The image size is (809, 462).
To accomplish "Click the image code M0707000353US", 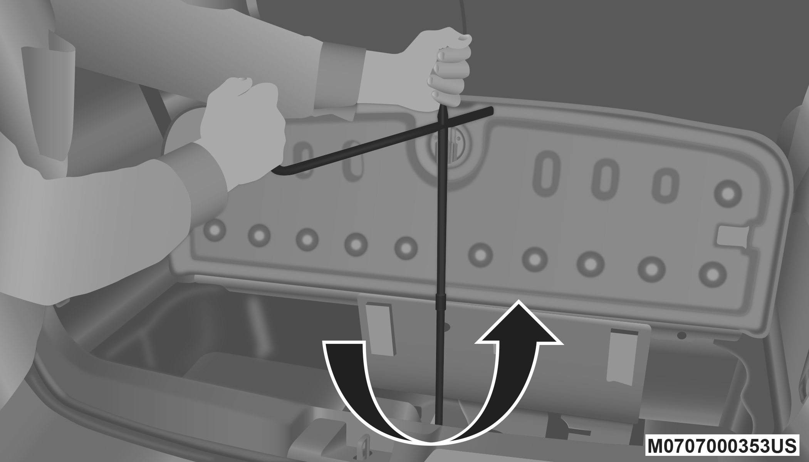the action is pyautogui.click(x=722, y=446).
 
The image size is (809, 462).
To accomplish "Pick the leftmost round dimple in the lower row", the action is pyautogui.click(x=215, y=230).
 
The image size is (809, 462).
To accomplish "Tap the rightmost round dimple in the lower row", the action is pyautogui.click(x=713, y=275).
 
